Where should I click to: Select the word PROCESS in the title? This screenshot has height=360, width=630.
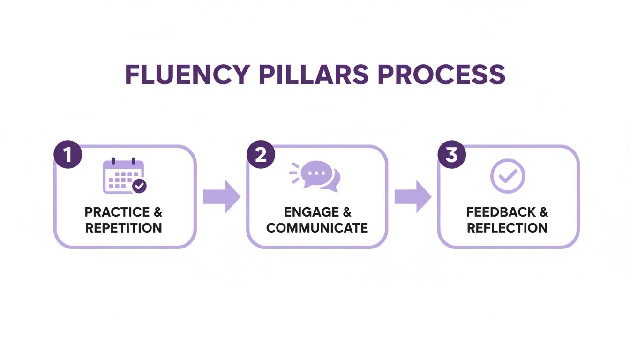click(442, 74)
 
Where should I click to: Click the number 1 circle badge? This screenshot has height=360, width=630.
click(68, 155)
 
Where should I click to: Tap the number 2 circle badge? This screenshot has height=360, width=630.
click(261, 155)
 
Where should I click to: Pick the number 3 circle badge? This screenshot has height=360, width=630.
click(451, 155)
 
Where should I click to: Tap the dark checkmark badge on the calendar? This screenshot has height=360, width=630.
click(139, 186)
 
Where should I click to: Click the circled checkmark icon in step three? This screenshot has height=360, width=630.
click(508, 176)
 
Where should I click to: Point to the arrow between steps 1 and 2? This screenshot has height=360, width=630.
click(221, 197)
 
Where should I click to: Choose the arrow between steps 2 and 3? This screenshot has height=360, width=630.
click(412, 197)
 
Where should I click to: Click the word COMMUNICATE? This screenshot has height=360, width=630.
click(317, 228)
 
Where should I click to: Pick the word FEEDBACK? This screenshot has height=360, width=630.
click(501, 212)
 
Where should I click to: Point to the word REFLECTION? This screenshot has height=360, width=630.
click(507, 228)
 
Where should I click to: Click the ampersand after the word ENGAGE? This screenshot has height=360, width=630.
click(346, 212)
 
